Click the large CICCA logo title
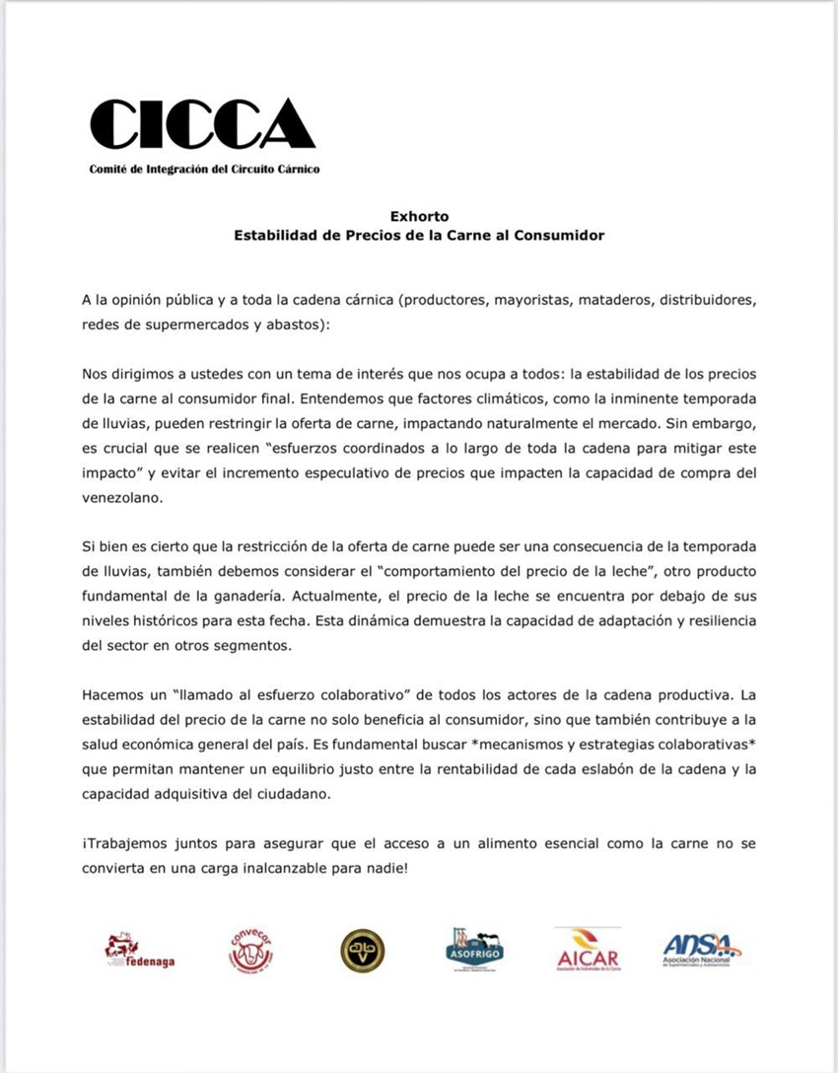coord(202,125)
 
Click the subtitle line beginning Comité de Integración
coord(204,169)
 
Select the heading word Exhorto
coord(418,216)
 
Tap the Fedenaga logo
coord(139,951)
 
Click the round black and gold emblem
coord(362,951)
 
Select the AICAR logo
coord(588,950)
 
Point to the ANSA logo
coord(701,950)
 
